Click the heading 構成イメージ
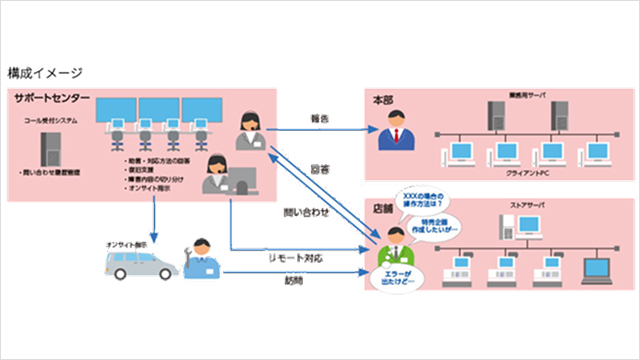[45, 73]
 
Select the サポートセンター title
[53, 98]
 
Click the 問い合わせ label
[304, 212]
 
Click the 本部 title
[383, 101]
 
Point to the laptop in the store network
[597, 270]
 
